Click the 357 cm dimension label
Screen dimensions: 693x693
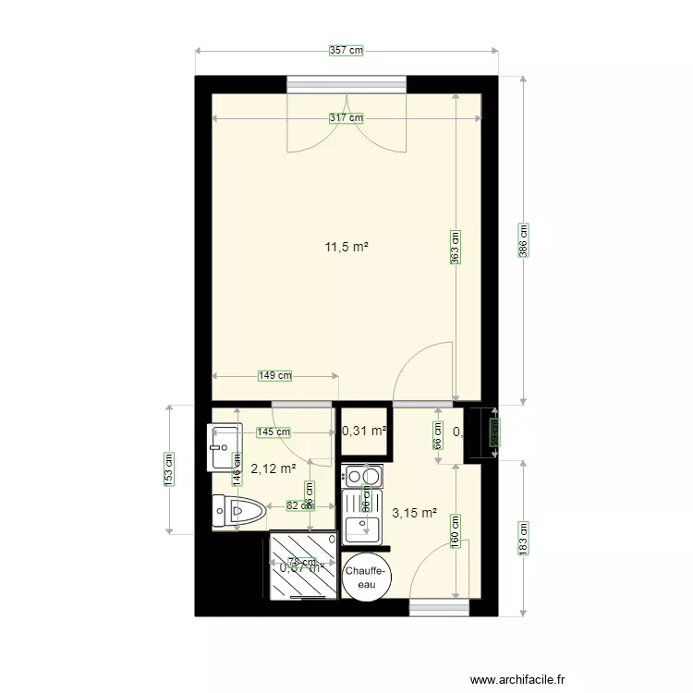click(346, 52)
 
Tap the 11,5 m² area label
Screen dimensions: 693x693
click(346, 247)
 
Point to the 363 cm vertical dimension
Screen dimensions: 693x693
click(456, 248)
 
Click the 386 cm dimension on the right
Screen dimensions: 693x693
click(523, 240)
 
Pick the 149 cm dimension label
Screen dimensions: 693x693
click(274, 375)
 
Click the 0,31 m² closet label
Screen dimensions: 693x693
click(363, 431)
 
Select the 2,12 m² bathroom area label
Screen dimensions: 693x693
click(274, 468)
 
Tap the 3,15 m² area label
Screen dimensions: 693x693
click(413, 513)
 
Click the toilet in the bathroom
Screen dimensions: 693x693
click(239, 509)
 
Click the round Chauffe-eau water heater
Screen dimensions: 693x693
click(368, 577)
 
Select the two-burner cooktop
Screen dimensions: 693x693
click(362, 477)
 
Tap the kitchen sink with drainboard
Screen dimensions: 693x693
click(362, 517)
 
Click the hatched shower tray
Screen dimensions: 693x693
click(302, 565)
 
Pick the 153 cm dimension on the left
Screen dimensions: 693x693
click(169, 468)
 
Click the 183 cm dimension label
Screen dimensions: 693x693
click(523, 538)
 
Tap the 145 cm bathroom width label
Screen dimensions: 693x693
click(274, 432)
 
